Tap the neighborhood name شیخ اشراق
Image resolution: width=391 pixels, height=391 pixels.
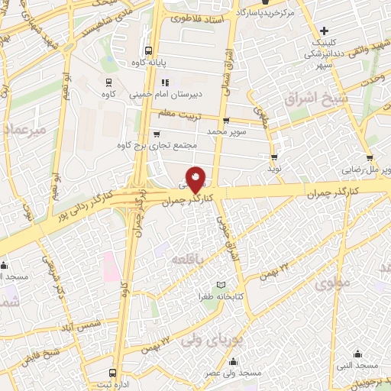(315, 100)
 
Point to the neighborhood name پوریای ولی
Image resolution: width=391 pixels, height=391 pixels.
(211, 342)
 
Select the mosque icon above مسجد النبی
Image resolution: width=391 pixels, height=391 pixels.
(359, 354)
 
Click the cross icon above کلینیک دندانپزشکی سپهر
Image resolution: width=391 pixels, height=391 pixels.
(325, 31)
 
